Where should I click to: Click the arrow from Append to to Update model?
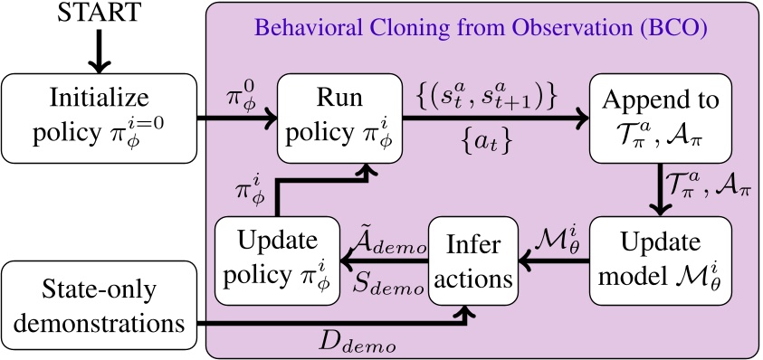coord(662,185)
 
